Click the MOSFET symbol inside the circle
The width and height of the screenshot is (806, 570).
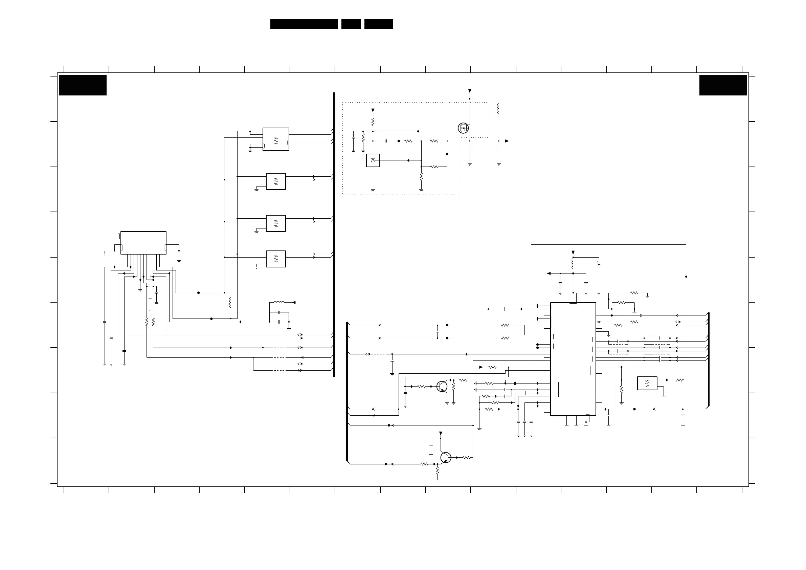tap(463, 128)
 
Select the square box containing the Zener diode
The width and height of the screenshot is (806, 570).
tap(373, 160)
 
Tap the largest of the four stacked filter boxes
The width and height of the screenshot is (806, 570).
tap(276, 139)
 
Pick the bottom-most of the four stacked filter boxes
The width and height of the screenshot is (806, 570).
tap(276, 259)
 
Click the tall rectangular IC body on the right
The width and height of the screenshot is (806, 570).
tap(573, 359)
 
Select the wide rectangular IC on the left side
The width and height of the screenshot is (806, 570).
tap(143, 243)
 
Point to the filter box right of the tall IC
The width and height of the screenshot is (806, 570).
tap(647, 383)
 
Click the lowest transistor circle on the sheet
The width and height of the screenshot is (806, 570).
tap(446, 458)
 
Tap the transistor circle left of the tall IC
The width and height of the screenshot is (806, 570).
tap(442, 387)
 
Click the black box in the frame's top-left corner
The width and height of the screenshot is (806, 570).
tap(83, 85)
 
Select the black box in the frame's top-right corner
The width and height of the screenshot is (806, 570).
tap(723, 85)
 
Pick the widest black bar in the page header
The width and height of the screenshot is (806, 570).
tap(304, 24)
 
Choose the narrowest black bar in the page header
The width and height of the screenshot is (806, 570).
tap(351, 24)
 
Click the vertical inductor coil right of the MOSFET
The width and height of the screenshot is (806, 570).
tap(498, 109)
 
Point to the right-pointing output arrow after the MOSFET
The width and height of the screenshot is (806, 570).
tap(507, 141)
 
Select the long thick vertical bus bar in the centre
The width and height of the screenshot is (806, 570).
tap(334, 234)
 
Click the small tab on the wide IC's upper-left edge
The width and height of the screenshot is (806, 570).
tap(119, 236)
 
